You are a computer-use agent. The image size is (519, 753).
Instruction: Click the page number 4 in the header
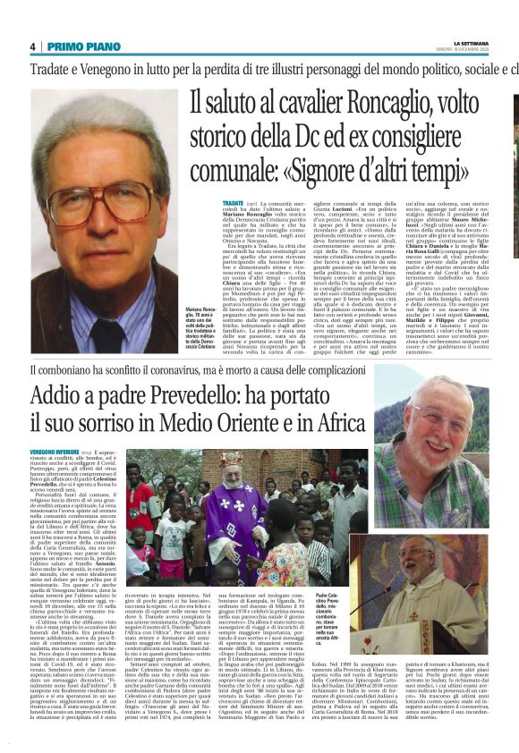click(33, 46)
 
